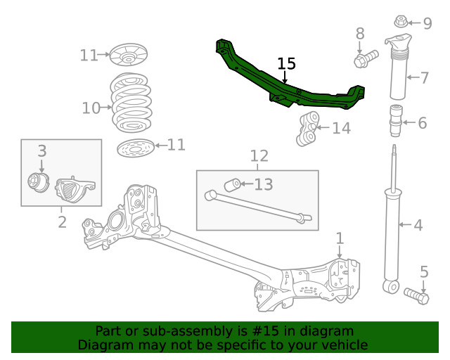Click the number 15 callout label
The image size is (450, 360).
tap(286, 65)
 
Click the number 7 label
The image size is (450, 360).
tap(424, 77)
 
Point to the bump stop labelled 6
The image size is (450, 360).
tap(396, 121)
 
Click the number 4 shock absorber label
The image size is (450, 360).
tap(418, 226)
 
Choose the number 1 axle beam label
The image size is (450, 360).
tap(340, 238)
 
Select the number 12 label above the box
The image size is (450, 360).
tap(259, 156)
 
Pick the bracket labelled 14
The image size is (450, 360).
tap(307, 129)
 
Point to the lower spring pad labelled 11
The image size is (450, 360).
tap(134, 149)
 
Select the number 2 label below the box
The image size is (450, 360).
tap(62, 223)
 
